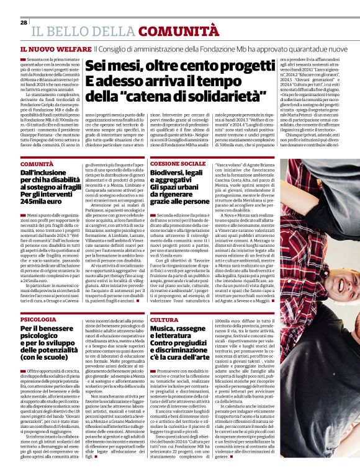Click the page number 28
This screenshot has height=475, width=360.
(x=24, y=22)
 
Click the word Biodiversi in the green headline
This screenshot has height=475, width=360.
(x=167, y=175)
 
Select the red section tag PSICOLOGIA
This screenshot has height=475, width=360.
(x=38, y=319)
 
